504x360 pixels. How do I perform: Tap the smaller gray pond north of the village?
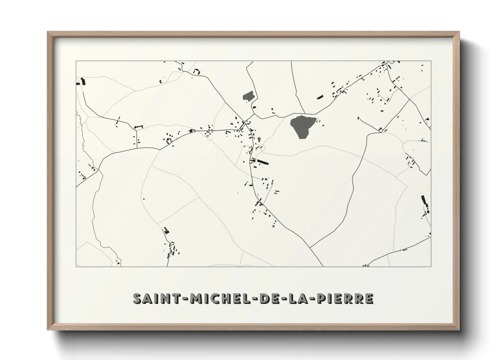click(249, 96)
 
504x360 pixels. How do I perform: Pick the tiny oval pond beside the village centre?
click(259, 140)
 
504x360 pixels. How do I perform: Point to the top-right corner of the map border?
click(431, 61)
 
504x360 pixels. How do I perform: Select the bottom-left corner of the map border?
click(76, 267)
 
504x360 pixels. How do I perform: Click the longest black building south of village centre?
click(263, 162)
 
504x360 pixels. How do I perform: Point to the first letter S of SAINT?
click(137, 298)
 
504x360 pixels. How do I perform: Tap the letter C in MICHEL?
click(213, 298)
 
